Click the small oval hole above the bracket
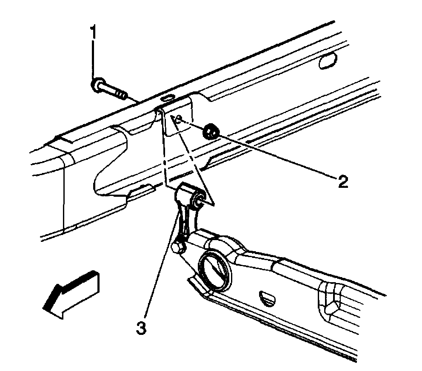pos(169,97)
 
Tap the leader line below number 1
pos(93,59)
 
